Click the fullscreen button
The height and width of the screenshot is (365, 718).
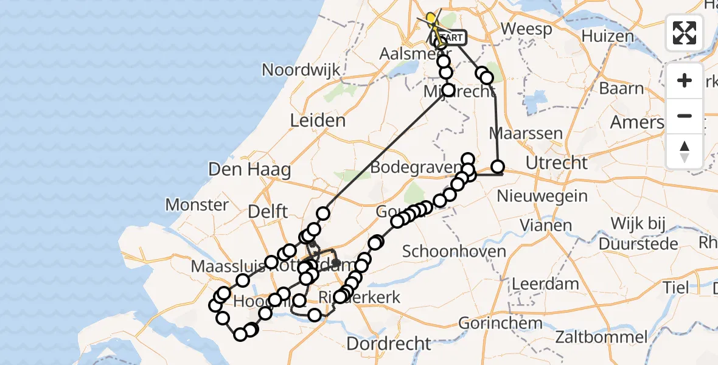coord(685,32)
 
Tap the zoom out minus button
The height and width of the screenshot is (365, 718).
coord(685,116)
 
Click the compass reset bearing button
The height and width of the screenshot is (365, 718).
coord(685,151)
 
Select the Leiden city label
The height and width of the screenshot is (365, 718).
coord(318,120)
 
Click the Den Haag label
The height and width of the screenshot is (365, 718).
coord(249,169)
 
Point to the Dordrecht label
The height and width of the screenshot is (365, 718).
coord(388,343)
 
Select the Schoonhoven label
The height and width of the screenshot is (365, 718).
coord(454,251)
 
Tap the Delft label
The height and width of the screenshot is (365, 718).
coord(268,212)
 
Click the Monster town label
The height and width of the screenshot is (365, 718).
coord(197,204)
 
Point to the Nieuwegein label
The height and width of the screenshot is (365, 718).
coord(542,196)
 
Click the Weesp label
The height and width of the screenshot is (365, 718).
coord(526,29)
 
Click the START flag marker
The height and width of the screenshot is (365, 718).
coord(450,38)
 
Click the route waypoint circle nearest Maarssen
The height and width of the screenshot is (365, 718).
coord(498,167)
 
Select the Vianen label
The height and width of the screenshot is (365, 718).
coord(546,226)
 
